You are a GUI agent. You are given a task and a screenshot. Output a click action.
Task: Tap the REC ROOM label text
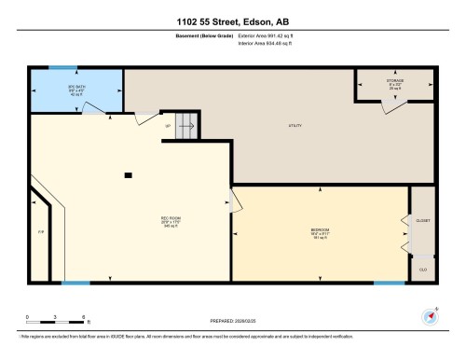[x=170, y=220]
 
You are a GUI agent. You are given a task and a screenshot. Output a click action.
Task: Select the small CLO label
[x=422, y=269]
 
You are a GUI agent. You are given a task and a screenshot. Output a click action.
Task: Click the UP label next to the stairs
[x=168, y=124]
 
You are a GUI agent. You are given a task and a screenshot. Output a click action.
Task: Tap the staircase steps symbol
[x=188, y=124]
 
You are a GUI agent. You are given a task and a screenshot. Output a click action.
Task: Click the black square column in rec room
[x=129, y=174]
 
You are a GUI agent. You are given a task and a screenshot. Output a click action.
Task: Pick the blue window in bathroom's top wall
[x=63, y=68]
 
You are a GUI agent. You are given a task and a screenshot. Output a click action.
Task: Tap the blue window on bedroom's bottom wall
[x=390, y=282]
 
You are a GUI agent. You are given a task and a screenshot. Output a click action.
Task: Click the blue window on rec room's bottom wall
[x=76, y=282]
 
